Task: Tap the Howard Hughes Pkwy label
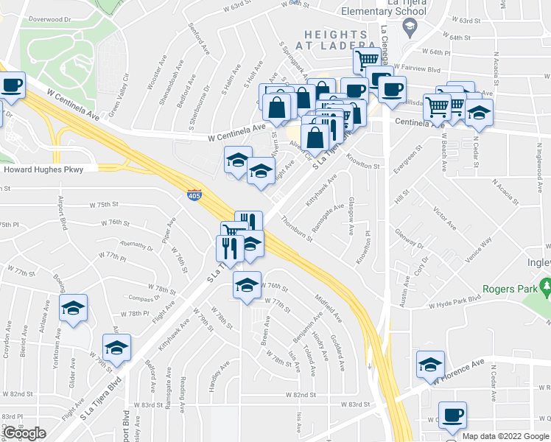(x=51, y=169)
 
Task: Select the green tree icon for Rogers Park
(x=545, y=284)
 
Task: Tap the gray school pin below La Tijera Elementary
(x=409, y=27)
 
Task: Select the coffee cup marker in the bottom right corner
(x=452, y=415)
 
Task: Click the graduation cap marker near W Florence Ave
(x=431, y=364)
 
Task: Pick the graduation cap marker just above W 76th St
(x=247, y=285)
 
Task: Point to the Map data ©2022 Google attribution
(x=505, y=436)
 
